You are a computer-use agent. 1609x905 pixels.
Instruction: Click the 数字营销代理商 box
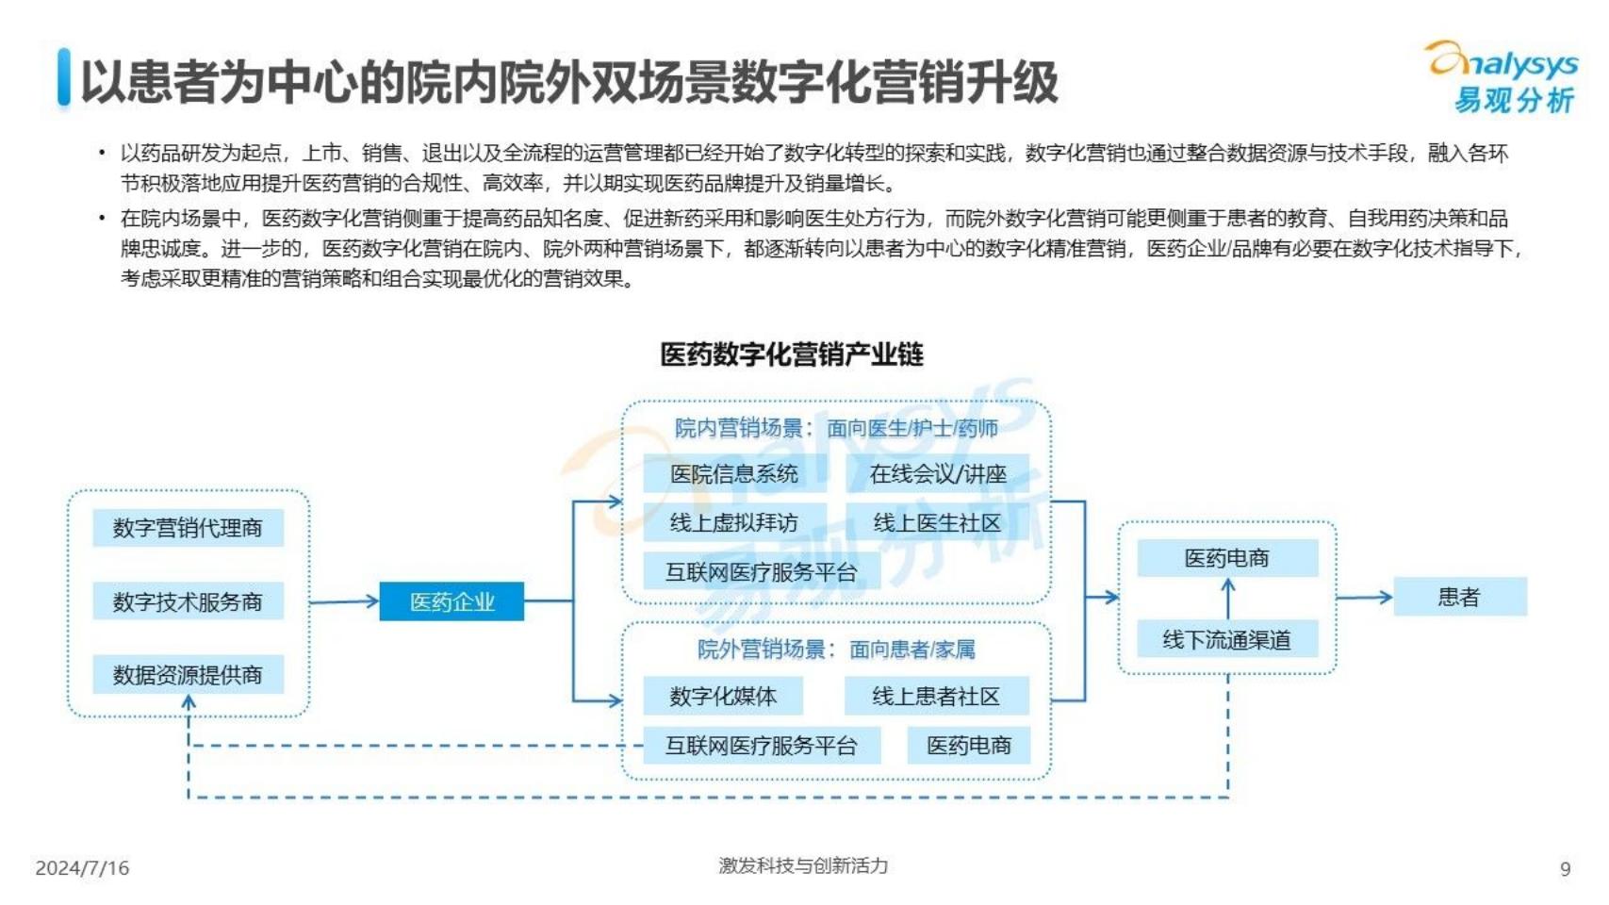[x=189, y=528]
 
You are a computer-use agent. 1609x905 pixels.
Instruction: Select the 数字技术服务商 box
[x=189, y=601]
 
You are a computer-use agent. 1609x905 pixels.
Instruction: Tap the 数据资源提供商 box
[x=189, y=674]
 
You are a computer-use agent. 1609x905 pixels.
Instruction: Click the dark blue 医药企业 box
[x=452, y=601]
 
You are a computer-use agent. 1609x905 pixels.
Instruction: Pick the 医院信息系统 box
[x=734, y=473]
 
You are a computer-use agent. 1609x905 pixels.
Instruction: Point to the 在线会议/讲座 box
[x=937, y=473]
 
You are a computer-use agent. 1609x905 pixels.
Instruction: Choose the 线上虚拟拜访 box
[x=734, y=522]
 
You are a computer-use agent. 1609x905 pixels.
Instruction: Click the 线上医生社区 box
[x=937, y=522]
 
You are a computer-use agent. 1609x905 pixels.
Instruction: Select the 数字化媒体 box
[x=723, y=696]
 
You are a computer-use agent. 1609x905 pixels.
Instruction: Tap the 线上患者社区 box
[x=937, y=696]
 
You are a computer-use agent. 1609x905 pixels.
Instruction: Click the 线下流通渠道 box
[x=1227, y=638]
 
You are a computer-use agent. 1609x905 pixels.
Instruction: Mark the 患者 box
[x=1460, y=596]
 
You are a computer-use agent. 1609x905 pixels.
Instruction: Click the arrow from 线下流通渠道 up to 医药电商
[x=1228, y=599]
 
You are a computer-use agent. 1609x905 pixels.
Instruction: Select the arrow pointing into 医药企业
[x=344, y=601]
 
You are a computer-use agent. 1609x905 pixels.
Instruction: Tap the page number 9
[x=1566, y=869]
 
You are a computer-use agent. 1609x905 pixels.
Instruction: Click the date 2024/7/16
[x=82, y=868]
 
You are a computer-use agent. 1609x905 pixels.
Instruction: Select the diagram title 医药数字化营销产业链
[x=792, y=354]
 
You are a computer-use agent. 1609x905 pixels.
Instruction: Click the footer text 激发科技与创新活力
[x=803, y=865]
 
